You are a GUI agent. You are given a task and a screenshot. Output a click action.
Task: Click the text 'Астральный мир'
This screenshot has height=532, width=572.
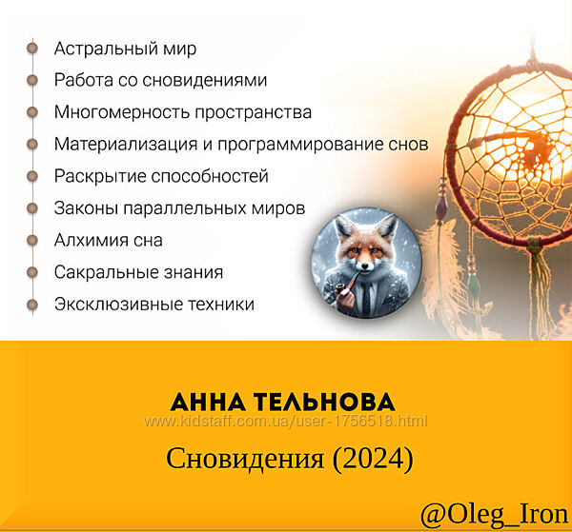(x=125, y=48)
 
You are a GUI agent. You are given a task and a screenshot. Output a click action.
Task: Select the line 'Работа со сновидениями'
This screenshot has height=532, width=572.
(x=160, y=80)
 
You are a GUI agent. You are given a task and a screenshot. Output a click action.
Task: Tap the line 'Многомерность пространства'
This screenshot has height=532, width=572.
(x=182, y=112)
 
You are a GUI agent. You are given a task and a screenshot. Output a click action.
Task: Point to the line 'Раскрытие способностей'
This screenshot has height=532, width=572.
(x=161, y=176)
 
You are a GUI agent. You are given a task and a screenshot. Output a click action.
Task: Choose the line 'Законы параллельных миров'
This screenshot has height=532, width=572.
(x=179, y=208)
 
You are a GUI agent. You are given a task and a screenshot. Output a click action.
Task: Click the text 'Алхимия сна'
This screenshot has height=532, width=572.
(x=108, y=240)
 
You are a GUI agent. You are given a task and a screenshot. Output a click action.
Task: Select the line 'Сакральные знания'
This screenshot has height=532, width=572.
(x=138, y=272)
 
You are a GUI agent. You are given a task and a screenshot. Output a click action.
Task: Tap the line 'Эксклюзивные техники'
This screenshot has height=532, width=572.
(x=154, y=305)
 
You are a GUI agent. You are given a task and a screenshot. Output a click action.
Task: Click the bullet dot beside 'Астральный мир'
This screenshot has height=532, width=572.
(x=32, y=48)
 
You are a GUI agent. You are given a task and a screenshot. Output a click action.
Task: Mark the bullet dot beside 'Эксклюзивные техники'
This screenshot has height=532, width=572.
(x=32, y=305)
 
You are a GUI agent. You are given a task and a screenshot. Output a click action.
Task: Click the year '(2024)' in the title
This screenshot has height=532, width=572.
(x=372, y=459)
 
